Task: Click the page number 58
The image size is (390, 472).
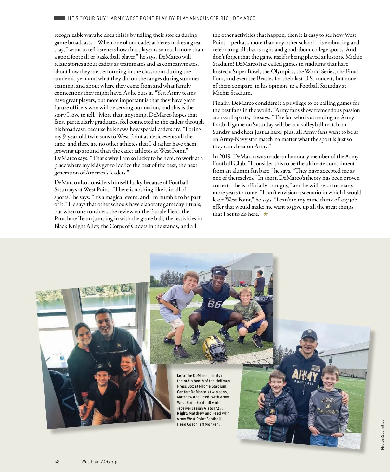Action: pos(57,461)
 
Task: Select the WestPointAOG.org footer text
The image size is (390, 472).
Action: pos(99,461)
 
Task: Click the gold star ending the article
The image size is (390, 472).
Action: pos(266,214)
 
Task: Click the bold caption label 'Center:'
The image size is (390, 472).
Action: pos(183,392)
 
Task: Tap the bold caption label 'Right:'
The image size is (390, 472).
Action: pos(182,413)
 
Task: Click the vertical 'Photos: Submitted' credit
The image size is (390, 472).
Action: pos(383,435)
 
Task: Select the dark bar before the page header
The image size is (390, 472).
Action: pos(59,18)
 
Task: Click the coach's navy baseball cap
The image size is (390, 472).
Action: pos(308,334)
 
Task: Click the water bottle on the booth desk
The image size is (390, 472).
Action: pos(62,358)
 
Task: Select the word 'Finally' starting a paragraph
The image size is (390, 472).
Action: pos(221,103)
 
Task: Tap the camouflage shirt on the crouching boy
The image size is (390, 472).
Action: pos(246,310)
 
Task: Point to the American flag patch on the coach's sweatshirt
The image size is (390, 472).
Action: pos(316,368)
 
